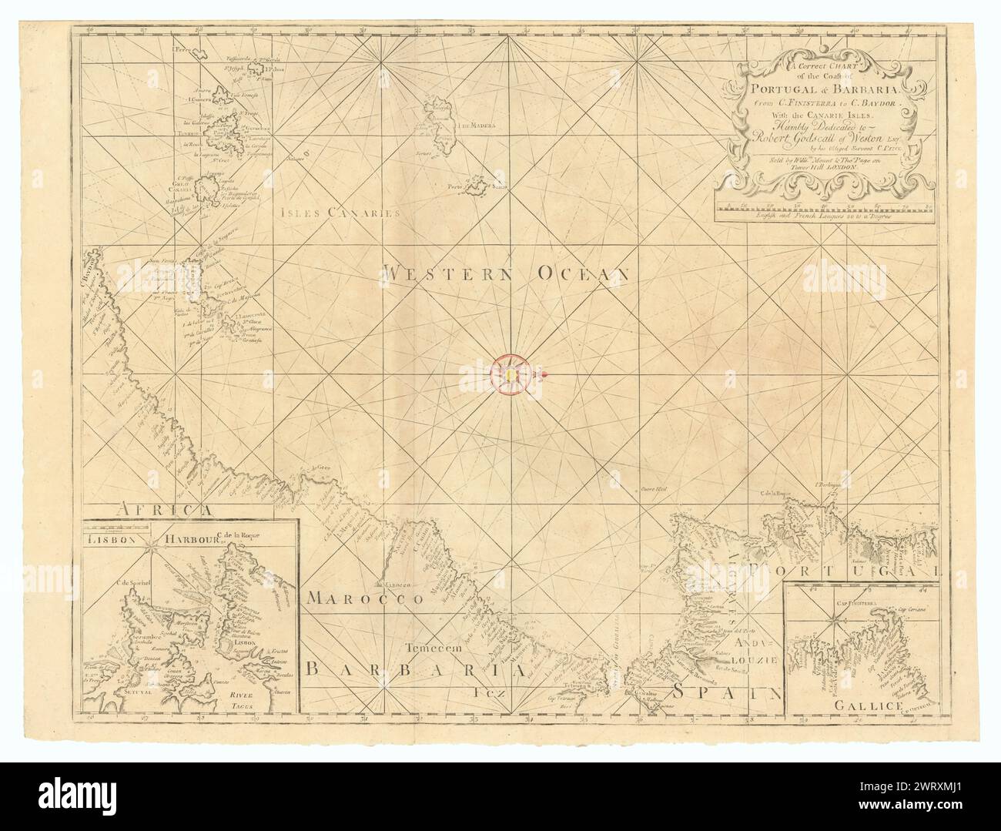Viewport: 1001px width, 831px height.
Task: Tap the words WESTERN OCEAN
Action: [508, 272]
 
